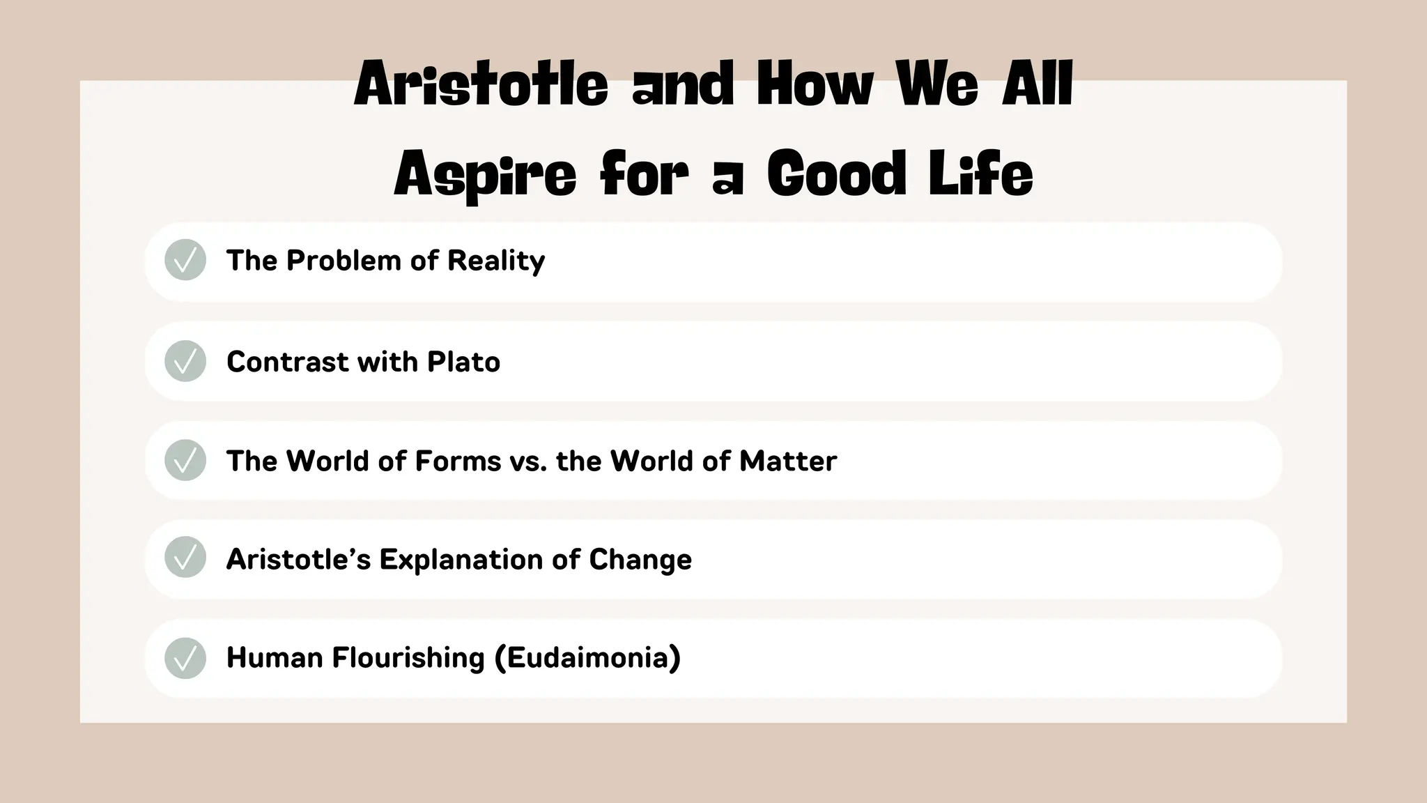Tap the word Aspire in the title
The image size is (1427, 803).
[485, 174]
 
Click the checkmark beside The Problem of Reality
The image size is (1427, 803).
[185, 260]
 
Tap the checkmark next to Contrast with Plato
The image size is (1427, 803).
[185, 361]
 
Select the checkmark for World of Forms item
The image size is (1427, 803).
[185, 460]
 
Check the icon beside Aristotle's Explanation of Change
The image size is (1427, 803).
[185, 558]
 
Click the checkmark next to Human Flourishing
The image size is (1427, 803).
[185, 658]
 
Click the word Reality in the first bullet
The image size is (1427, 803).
[496, 261]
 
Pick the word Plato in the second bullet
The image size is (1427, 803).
[463, 362]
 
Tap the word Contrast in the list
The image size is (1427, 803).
[288, 362]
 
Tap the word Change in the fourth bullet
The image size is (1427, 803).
[640, 560]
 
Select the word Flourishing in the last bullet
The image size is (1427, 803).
[408, 658]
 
